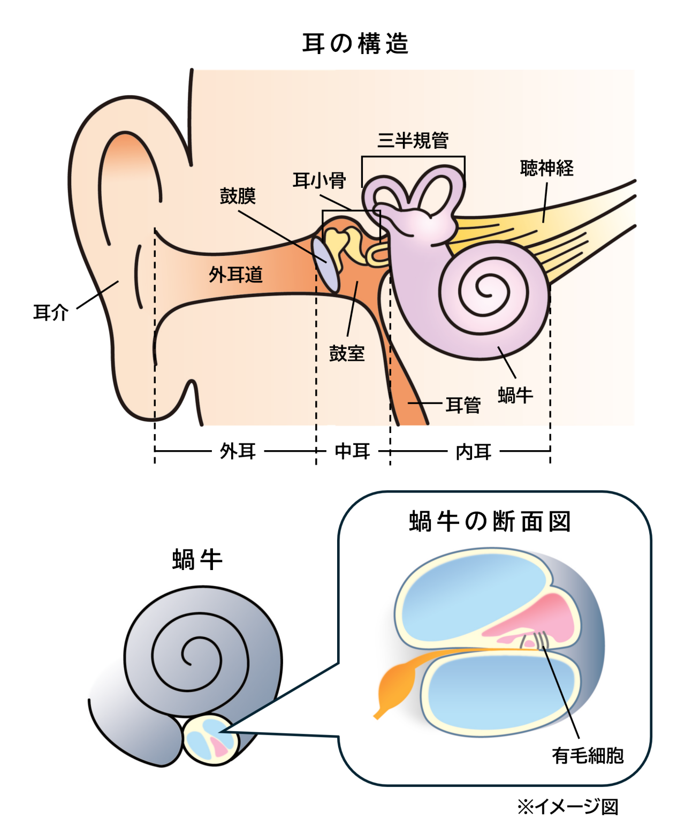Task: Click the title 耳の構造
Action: point(355,44)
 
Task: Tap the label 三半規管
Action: point(413,140)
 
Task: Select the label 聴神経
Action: point(546,169)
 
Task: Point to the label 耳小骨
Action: point(319,180)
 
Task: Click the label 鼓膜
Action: point(238,196)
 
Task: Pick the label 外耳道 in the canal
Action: point(235,275)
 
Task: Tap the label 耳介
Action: point(51,312)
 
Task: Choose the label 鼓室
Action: point(347,353)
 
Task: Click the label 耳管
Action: point(463,405)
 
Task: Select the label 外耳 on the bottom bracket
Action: point(238,451)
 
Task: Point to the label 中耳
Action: point(352,451)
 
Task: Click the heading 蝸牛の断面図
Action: point(490,521)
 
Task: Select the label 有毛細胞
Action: point(588,755)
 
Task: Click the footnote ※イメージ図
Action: point(567,806)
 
